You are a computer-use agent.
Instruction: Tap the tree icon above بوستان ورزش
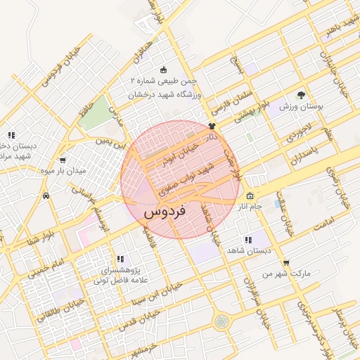click(302, 95)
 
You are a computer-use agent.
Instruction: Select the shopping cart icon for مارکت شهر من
click(285, 262)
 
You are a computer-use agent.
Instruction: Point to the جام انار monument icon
click(251, 196)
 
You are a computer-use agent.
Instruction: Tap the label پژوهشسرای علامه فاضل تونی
click(120, 274)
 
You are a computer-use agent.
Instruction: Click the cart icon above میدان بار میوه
click(63, 160)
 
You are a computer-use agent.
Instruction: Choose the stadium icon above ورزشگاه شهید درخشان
click(164, 70)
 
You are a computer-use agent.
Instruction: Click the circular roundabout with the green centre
click(222, 321)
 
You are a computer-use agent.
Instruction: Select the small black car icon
click(46, 195)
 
